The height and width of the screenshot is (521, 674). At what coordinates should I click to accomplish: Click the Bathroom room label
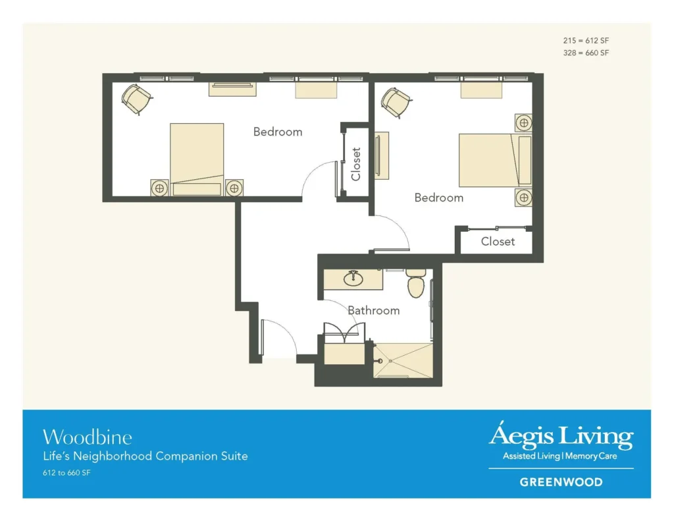pos(373,310)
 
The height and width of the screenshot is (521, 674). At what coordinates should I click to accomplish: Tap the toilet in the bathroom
pos(415,284)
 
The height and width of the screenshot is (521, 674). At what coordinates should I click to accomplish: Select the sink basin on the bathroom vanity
pos(353,278)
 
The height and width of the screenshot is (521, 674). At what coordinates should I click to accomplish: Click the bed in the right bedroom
pos(494,160)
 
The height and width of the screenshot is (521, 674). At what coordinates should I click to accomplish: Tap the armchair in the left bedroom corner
pos(137,99)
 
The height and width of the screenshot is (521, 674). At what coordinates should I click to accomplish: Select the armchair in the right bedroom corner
pos(396,102)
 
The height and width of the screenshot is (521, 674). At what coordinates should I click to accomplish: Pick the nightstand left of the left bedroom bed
pos(159,188)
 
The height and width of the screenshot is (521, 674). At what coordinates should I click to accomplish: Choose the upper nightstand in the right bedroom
pos(523,123)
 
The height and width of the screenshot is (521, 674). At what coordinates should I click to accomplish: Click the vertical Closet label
pos(356,163)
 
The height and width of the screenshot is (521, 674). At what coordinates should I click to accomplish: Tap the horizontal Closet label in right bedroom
pos(498,242)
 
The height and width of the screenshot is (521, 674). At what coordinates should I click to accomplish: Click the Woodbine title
pos(87,437)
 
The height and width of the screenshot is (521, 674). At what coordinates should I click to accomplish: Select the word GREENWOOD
pos(561,481)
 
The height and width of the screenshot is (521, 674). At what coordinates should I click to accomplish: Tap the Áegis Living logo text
pos(561,436)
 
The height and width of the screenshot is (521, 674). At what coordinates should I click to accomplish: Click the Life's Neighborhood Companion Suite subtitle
pos(145,456)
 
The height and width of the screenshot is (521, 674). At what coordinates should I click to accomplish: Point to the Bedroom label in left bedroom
pos(278,132)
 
